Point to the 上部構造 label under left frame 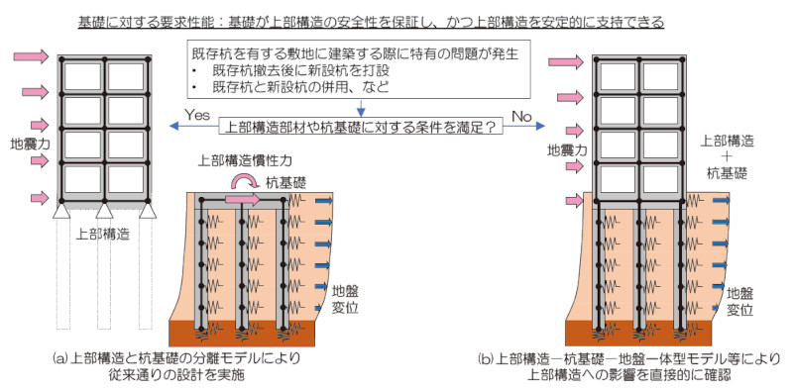point(104,236)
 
